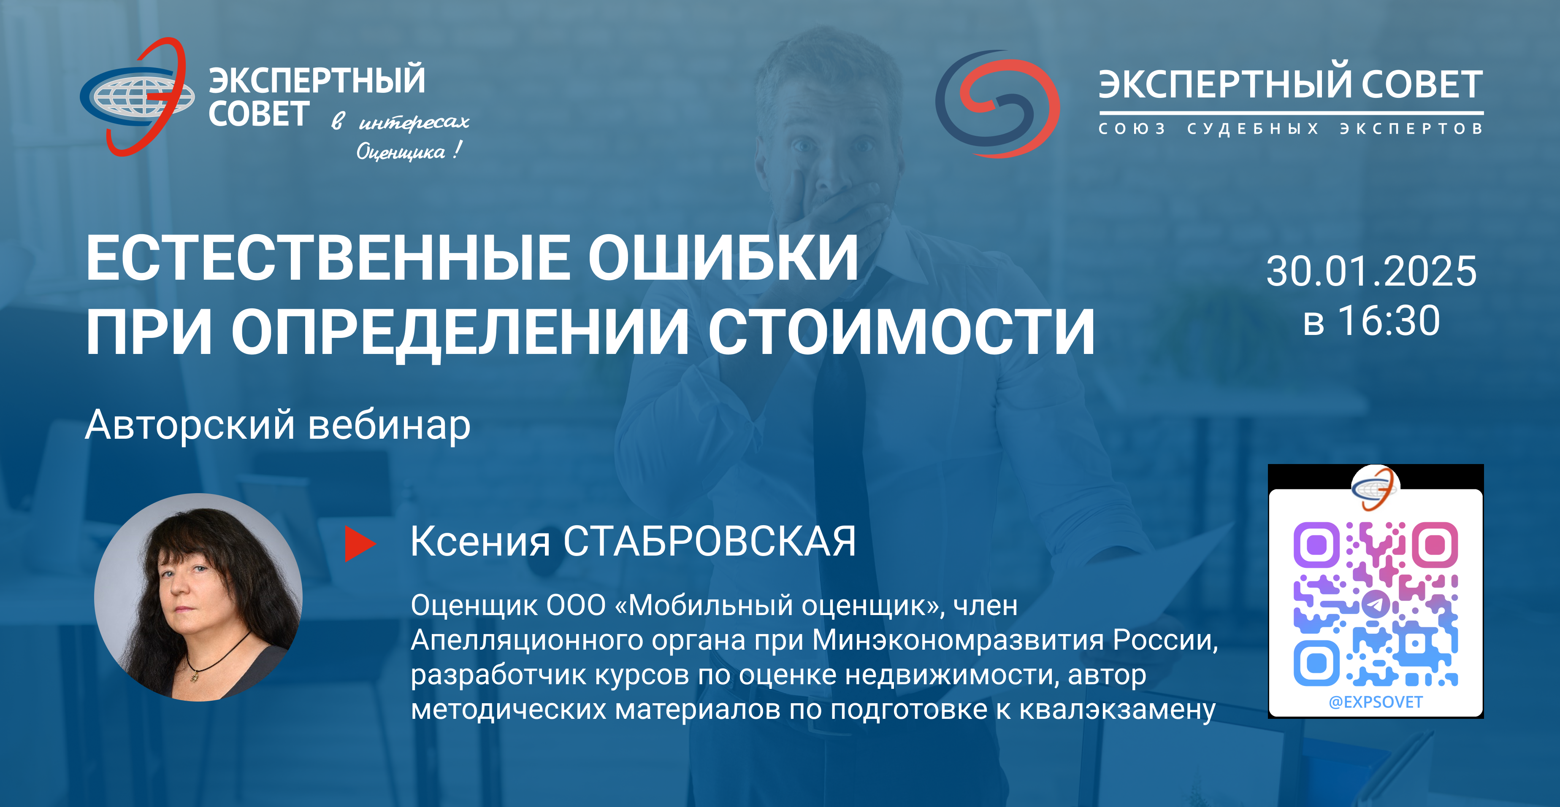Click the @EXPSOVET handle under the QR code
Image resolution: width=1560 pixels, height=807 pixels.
(1375, 702)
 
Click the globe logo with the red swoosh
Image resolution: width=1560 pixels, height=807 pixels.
(138, 97)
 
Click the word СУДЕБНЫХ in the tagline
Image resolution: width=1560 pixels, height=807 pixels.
(1253, 128)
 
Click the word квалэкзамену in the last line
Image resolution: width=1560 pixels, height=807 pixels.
(1117, 710)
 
